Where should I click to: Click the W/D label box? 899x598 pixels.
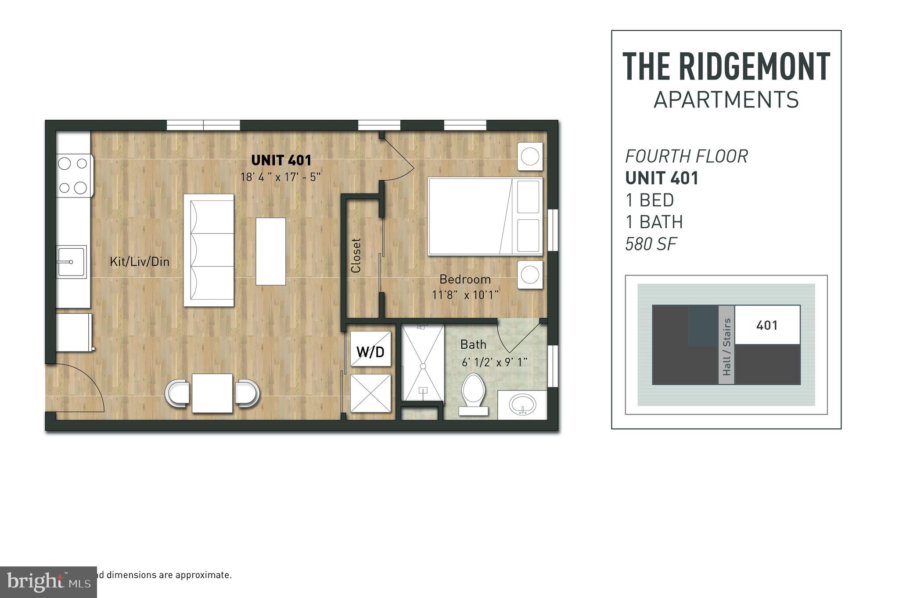pos(370,351)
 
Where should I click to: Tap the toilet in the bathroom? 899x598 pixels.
pos(473,393)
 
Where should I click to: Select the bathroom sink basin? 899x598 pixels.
pos(522,403)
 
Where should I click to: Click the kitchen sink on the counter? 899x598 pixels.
pos(71,262)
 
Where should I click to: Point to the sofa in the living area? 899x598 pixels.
pos(209,250)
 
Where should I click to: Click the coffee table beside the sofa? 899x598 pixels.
pos(270,251)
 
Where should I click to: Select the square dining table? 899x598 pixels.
pos(212,393)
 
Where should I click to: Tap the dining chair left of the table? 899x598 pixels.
pos(178,393)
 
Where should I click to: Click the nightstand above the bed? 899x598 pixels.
pos(530,156)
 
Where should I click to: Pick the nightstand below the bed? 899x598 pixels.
pos(530,275)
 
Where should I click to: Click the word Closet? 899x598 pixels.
pos(356,255)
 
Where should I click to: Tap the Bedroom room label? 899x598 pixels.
pos(465,279)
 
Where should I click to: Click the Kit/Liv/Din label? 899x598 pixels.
pos(140,262)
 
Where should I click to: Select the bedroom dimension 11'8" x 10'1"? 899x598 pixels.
pos(465,295)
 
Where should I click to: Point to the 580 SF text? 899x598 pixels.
pos(651,244)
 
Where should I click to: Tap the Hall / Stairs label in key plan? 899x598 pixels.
pos(726,347)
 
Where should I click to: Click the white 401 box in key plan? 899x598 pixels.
pos(767,325)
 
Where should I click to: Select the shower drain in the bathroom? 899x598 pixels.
pos(423,366)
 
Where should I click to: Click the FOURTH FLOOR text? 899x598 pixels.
pos(687,156)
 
